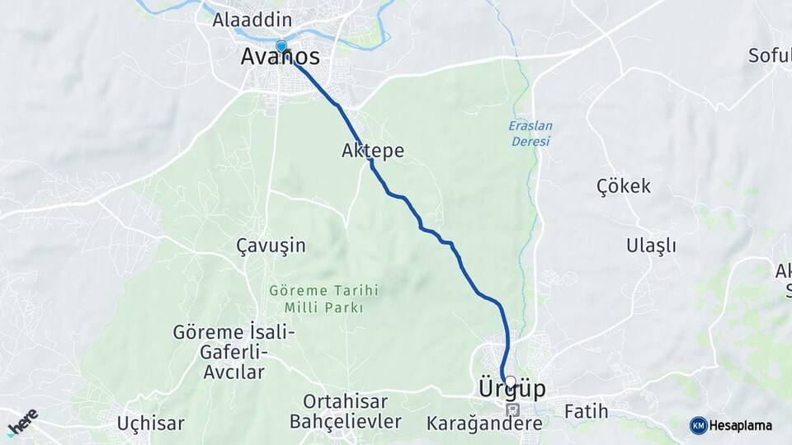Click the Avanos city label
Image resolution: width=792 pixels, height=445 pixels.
point(280,57)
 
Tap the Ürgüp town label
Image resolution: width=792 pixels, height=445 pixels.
point(511,389)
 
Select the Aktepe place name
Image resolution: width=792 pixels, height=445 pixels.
point(373,151)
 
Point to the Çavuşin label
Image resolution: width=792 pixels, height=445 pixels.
point(271,246)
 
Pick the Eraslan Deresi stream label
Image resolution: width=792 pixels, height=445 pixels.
point(530,133)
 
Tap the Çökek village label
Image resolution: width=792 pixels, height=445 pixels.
point(624,186)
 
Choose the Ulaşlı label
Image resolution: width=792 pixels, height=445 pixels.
point(651,246)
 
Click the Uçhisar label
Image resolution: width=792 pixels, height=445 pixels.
point(150,424)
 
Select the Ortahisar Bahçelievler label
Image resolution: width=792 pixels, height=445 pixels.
point(346,411)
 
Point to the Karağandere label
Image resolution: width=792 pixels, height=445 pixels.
point(484,424)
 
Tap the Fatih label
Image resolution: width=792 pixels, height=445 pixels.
point(586,410)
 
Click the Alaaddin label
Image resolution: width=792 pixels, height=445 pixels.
point(241,19)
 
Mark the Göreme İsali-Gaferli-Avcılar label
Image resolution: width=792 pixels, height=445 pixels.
point(233,352)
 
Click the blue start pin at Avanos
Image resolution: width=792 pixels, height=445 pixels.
point(281,46)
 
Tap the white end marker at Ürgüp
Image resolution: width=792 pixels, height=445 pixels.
point(511,382)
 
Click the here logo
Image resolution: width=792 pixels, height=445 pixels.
point(22,422)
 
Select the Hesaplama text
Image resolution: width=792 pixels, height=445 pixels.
point(741,426)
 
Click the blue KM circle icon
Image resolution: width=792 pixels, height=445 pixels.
point(698,425)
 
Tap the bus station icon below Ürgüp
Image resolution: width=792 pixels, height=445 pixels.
point(512,410)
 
